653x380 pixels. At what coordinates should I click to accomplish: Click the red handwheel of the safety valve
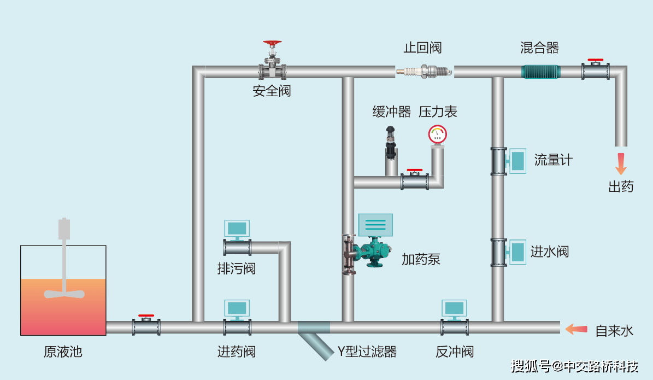click(272, 43)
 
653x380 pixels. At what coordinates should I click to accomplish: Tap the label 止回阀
click(422, 48)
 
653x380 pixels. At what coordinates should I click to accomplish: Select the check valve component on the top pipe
click(425, 71)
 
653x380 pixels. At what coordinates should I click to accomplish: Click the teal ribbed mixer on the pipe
click(540, 72)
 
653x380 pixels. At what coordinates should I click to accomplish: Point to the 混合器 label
click(539, 48)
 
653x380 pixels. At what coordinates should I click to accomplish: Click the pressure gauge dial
click(437, 133)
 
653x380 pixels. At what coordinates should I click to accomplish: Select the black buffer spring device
click(391, 143)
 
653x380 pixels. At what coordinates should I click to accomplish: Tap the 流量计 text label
click(553, 160)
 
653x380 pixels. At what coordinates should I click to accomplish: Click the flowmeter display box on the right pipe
click(516, 161)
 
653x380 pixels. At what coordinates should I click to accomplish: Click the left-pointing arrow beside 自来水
click(576, 329)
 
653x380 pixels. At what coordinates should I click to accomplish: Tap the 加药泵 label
click(421, 259)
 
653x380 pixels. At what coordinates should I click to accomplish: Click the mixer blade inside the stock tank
click(64, 293)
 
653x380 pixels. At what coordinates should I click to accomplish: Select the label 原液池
click(63, 352)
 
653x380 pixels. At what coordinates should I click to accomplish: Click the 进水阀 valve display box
click(516, 252)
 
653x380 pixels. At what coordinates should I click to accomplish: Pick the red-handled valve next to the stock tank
click(146, 326)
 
